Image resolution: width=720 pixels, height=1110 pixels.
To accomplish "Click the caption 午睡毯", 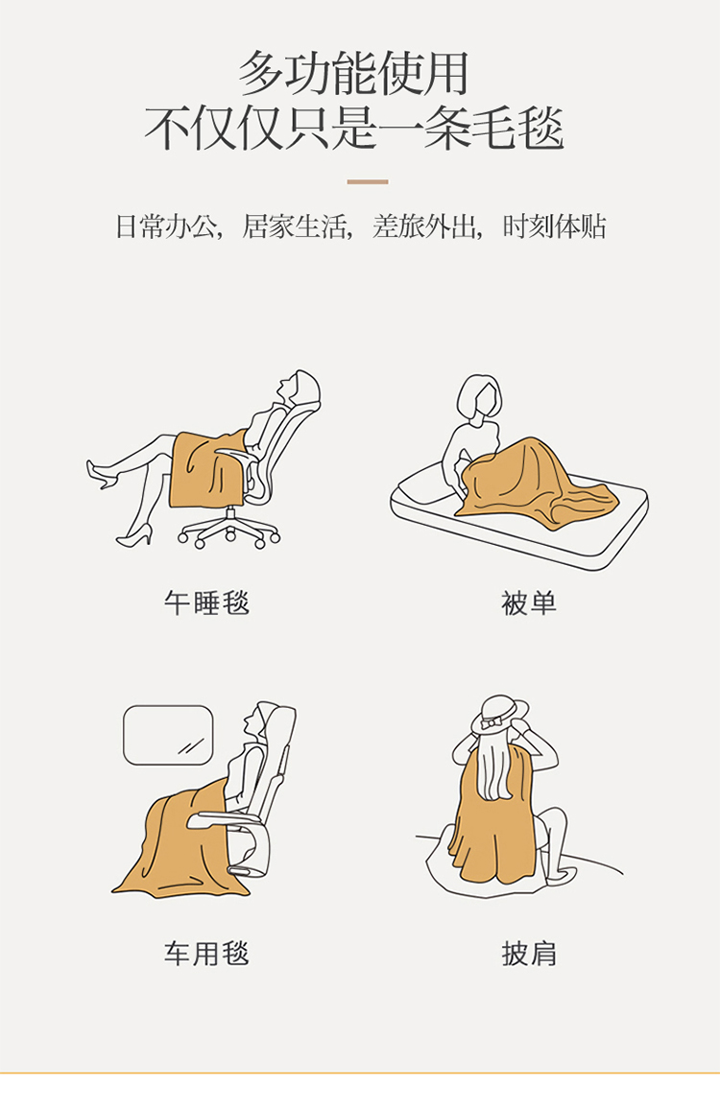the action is pos(206,603).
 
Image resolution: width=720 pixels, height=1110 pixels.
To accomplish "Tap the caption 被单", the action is pos(529,603).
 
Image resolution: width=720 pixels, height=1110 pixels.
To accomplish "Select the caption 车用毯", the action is pos(206,954).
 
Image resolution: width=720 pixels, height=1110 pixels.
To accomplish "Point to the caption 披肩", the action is pos(529,954).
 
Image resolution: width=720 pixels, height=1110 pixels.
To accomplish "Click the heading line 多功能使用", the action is pos(353,73).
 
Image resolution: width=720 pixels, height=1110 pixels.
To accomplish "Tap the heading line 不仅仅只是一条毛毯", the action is pos(353,129).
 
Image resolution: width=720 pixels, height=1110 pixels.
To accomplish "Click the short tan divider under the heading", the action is pos(367,182).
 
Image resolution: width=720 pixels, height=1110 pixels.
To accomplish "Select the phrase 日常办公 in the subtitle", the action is pos(166,226).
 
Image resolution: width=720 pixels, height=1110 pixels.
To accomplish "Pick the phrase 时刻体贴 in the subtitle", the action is pos(554,226).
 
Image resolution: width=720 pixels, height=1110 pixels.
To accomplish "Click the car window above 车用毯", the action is pos(168,735).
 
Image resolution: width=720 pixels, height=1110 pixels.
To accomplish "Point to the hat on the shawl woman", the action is pos(500,712).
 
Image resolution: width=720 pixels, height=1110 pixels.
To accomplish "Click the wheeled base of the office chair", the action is pos(228,531).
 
